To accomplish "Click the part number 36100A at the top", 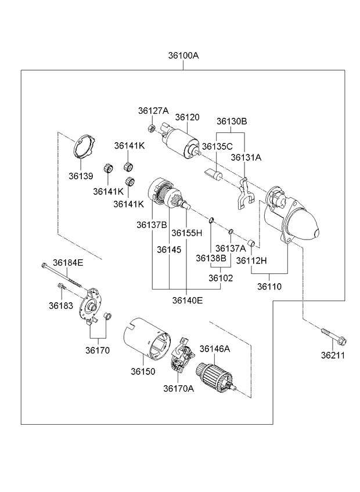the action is (183, 56).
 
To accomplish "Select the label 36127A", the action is (153, 110).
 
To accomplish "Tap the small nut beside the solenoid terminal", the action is (152, 128).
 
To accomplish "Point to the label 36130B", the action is (232, 121).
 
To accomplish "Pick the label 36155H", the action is (186, 233).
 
